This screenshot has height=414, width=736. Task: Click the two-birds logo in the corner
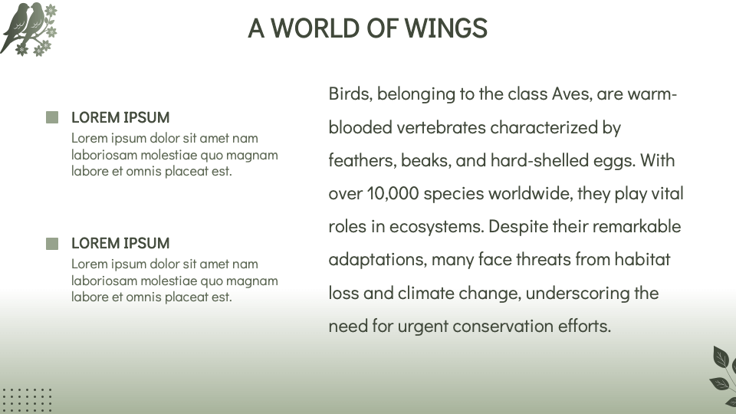coord(30,29)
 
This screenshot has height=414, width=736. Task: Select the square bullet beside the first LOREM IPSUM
coord(52,117)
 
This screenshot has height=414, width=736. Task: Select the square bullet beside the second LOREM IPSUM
coord(52,243)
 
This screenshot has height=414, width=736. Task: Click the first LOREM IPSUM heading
coord(120,117)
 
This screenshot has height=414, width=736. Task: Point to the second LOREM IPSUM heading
coord(120,243)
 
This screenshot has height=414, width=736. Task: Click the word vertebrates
coord(440,127)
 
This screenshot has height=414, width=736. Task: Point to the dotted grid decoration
coord(26,399)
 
